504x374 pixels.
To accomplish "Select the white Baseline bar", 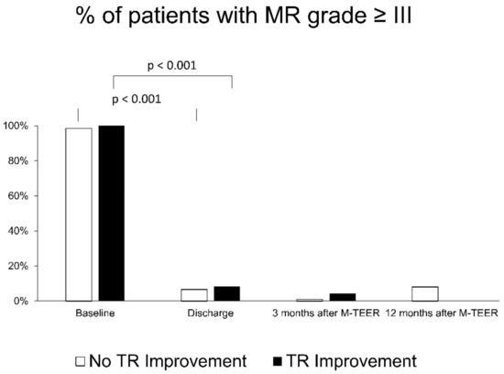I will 79,214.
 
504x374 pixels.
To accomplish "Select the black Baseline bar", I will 111,214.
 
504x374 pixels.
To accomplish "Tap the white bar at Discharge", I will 194,295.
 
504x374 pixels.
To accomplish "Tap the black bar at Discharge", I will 226,294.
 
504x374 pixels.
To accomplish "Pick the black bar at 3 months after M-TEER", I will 342,297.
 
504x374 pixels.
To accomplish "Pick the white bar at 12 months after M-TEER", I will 425,294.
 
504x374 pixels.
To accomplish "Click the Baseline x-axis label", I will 95,313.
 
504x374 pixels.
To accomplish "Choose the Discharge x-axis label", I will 211,313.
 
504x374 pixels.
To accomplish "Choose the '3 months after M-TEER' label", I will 326,313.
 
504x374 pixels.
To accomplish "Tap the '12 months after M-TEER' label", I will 442,313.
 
